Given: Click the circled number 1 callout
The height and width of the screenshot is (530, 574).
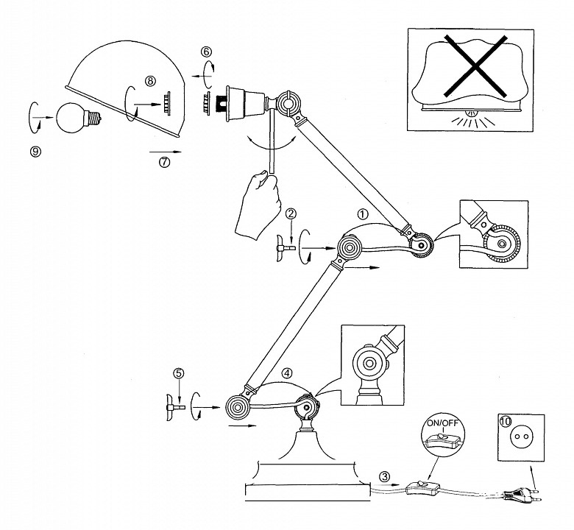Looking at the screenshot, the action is (x=362, y=214).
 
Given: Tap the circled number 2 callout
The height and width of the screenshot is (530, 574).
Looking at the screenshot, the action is (x=291, y=213).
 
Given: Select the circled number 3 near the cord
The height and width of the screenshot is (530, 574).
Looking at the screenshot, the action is (x=384, y=476).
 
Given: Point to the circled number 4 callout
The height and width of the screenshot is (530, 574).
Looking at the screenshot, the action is (x=287, y=373).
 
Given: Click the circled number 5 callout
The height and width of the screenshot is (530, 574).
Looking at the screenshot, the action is (x=179, y=373).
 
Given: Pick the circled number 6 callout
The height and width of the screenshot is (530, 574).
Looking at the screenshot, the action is (x=206, y=52).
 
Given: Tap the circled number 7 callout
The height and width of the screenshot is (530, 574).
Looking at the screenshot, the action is (x=164, y=162).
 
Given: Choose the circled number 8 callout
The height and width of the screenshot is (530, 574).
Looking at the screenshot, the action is (x=150, y=81).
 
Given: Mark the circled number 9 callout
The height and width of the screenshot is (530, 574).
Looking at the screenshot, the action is (x=35, y=152).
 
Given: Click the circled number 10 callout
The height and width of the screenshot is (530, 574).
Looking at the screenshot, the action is (x=505, y=421).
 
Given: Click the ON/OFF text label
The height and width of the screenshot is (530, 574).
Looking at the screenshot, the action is (x=442, y=424).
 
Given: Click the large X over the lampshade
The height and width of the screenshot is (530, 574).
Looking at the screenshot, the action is (x=475, y=66).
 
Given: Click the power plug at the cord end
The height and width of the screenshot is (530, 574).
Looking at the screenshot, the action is (x=522, y=495).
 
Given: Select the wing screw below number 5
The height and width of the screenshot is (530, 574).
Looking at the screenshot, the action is (x=174, y=407).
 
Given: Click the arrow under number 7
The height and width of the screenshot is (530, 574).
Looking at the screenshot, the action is (x=166, y=151).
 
